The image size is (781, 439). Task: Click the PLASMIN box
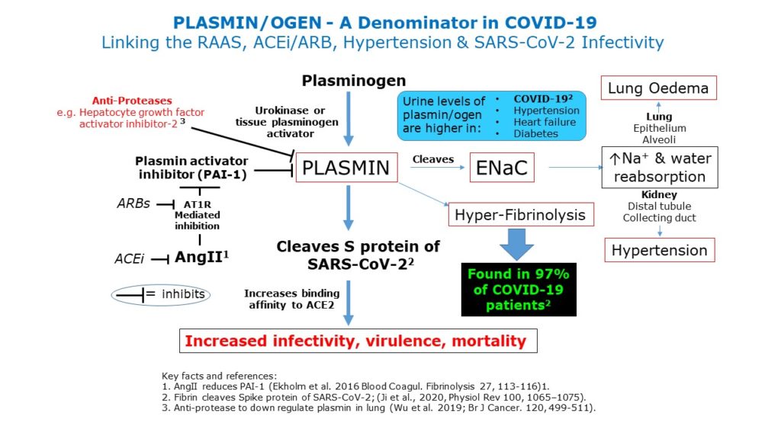coord(347,168)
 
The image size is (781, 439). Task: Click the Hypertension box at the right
coord(659,250)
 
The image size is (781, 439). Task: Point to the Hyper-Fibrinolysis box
coord(520,215)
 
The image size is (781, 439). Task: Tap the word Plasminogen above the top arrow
coord(354,80)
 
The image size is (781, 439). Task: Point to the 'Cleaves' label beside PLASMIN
coord(432,160)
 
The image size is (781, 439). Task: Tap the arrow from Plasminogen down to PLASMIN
coord(349,118)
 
